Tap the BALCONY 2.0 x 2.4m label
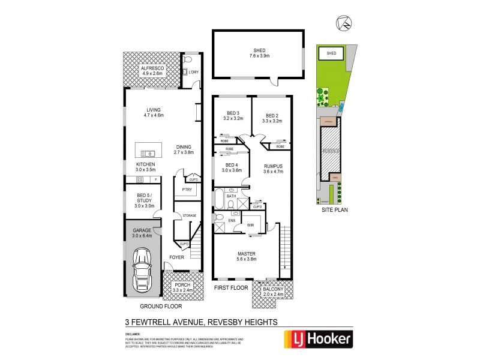click(276, 292)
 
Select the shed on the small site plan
click(332, 53)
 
